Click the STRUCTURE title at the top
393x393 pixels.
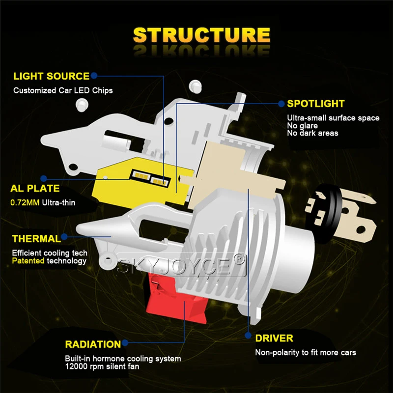pos(201,35)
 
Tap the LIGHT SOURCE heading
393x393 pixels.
pos(51,76)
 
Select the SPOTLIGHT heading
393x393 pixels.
pos(315,104)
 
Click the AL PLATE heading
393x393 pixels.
pos(35,188)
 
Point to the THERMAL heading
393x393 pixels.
pos(37,239)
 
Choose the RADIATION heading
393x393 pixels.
pos(92,344)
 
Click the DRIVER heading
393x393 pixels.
pos(274,338)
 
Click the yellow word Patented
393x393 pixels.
pos(28,260)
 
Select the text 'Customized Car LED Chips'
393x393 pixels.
pos(63,90)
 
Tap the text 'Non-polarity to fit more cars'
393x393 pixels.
pos(305,352)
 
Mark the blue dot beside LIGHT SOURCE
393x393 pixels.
pos(94,76)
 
